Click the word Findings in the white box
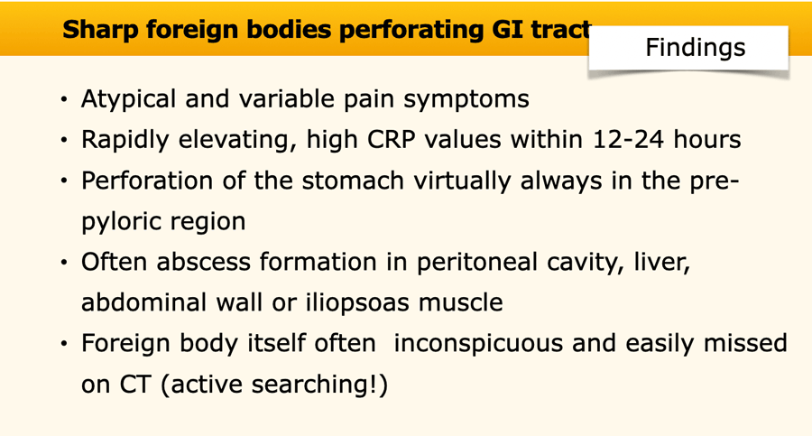(695, 48)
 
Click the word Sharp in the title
(100, 30)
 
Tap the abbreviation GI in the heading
(499, 29)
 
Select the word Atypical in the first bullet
(129, 99)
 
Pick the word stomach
(353, 181)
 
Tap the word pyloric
(121, 222)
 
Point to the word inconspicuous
(478, 344)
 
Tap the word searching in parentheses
(314, 385)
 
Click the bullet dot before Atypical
(64, 99)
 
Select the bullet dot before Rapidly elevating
(64, 140)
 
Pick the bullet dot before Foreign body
(64, 344)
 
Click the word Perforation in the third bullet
(147, 181)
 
